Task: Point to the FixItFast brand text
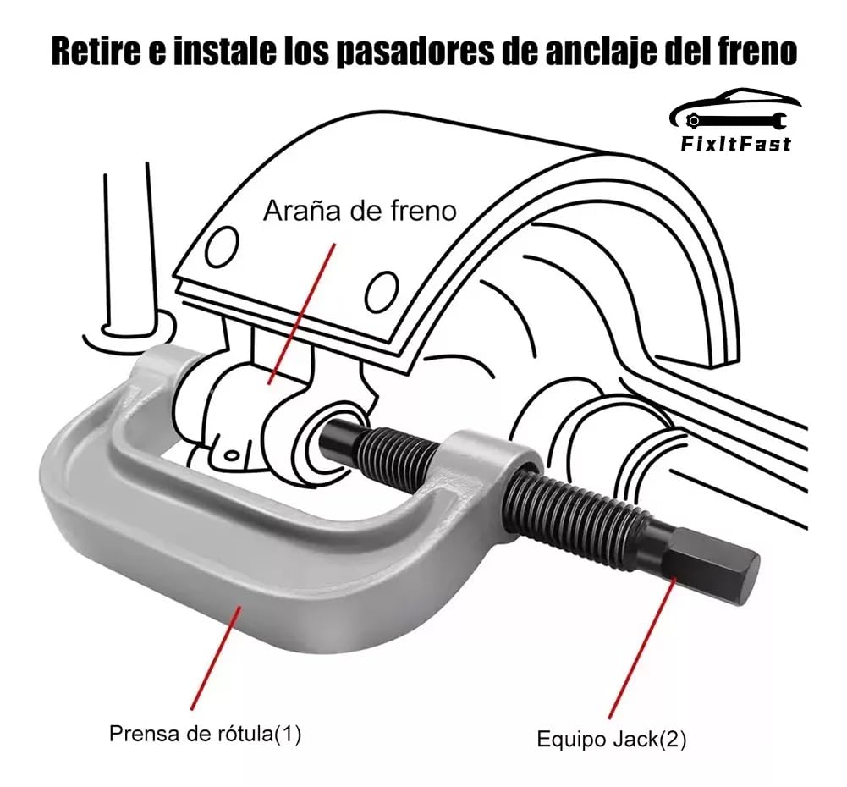pos(735,144)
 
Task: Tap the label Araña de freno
pos(360,211)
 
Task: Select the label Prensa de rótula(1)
pos(206,734)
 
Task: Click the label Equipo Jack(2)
pos(612,739)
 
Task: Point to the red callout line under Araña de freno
pos(301,314)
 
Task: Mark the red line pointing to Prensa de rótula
pos(216,657)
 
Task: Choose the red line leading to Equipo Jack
pos(642,647)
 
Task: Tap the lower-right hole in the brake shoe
pos(382,292)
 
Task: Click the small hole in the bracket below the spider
pos(231,454)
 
